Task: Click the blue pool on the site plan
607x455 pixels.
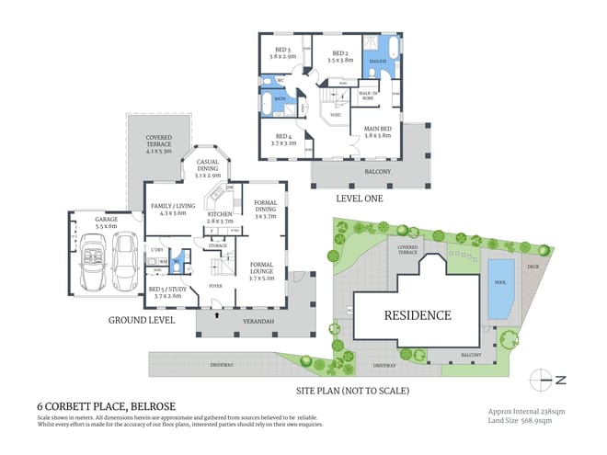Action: (500, 290)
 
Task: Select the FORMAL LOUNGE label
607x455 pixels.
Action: (268, 267)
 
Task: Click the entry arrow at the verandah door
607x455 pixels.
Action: (217, 313)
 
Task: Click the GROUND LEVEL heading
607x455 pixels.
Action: (142, 321)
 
